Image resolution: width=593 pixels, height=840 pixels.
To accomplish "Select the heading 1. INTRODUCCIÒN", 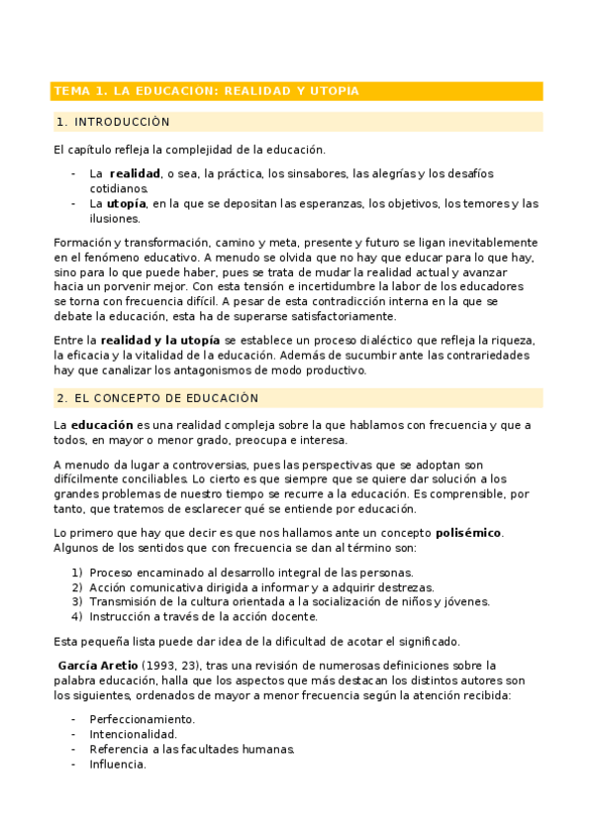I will click(114, 123).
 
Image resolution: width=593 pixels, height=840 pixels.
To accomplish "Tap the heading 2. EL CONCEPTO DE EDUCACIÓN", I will click(157, 398).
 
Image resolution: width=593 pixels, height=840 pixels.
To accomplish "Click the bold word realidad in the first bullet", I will click(135, 173).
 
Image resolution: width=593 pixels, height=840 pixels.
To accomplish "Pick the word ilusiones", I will click(115, 219).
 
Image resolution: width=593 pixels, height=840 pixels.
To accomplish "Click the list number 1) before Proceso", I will click(76, 573).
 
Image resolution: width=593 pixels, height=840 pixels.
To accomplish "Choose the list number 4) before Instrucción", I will click(76, 615).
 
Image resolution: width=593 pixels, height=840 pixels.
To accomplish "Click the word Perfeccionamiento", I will click(142, 719).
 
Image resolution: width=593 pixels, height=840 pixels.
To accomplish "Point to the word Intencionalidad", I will click(133, 734).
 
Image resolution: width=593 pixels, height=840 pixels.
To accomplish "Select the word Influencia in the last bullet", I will click(118, 764).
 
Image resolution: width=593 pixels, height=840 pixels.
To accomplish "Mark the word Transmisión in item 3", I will click(124, 601).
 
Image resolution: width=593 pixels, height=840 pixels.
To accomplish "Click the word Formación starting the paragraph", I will click(80, 243).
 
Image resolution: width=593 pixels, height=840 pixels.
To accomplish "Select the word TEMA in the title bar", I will click(71, 91).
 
